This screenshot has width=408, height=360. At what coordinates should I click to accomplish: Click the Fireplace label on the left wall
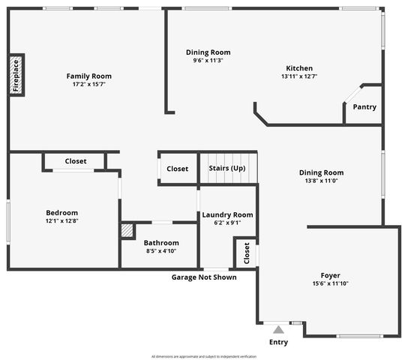[x=16, y=75]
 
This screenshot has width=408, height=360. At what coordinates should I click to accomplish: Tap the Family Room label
[x=88, y=76]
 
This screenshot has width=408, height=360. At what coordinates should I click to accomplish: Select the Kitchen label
[x=297, y=68]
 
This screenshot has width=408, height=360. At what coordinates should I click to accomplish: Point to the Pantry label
[x=364, y=107]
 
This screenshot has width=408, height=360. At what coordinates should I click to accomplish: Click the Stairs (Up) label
[x=227, y=169]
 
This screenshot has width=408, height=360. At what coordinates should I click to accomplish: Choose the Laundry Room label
[x=227, y=214]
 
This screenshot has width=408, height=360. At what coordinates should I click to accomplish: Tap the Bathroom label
[x=162, y=243]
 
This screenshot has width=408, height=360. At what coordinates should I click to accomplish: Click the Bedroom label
[x=61, y=212]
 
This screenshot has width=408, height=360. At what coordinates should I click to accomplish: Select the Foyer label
[x=331, y=275]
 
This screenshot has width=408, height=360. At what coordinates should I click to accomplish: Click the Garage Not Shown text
[x=204, y=277]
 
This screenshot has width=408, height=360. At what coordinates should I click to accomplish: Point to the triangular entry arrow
[x=278, y=328]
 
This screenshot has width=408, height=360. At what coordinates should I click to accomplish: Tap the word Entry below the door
[x=278, y=342]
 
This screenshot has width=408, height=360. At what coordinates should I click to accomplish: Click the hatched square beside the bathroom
[x=127, y=230]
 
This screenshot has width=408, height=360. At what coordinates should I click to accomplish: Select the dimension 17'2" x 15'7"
[x=88, y=84]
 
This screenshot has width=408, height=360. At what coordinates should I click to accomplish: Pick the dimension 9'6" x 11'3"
[x=208, y=61]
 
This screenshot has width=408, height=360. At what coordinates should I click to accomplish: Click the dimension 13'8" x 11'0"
[x=321, y=181]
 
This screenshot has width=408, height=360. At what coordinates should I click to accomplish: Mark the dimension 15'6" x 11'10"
[x=331, y=283]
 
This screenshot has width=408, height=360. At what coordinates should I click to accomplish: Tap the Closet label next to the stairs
[x=178, y=169]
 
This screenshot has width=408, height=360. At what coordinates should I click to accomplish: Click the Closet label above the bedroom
[x=76, y=161]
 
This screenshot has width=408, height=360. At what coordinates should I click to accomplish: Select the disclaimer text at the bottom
[x=204, y=356]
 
